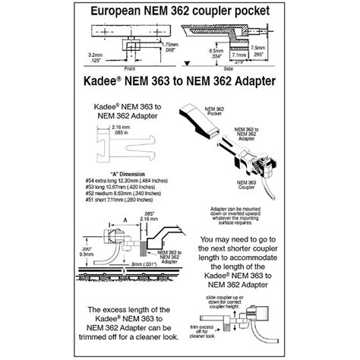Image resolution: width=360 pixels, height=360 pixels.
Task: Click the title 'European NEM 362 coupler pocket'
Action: coord(179,12)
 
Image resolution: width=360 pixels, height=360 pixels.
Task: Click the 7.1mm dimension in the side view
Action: coord(238,55)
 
